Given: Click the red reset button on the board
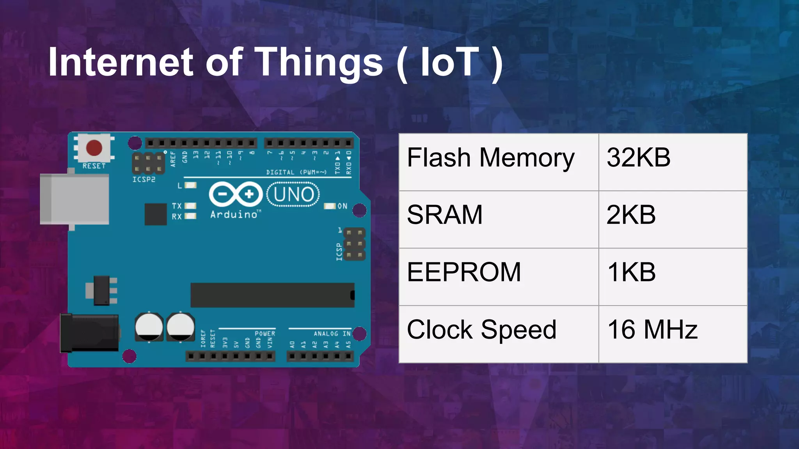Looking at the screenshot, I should point(94,148).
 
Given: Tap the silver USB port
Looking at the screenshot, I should point(74,199).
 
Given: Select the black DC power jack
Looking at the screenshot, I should point(89,333).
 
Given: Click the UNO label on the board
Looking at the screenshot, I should point(293,194).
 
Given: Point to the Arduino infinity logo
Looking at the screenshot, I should point(236,194).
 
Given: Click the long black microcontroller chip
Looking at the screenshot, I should point(272,295).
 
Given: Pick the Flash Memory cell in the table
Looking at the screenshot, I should point(490,158).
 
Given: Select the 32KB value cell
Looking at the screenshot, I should point(638,158).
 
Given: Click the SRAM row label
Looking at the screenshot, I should point(444,215).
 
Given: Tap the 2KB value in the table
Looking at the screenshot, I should point(631,215).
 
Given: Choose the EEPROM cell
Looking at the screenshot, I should point(464,272).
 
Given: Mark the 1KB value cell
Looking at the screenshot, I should point(631,272).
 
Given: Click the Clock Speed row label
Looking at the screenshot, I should point(481,330).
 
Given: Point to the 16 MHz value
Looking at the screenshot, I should point(652,330).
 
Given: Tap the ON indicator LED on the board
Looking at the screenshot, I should point(330,206).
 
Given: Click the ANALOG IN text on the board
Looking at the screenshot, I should point(332,334).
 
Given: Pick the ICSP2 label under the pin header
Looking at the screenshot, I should point(144,179).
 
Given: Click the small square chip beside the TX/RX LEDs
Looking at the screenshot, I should point(155,214).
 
